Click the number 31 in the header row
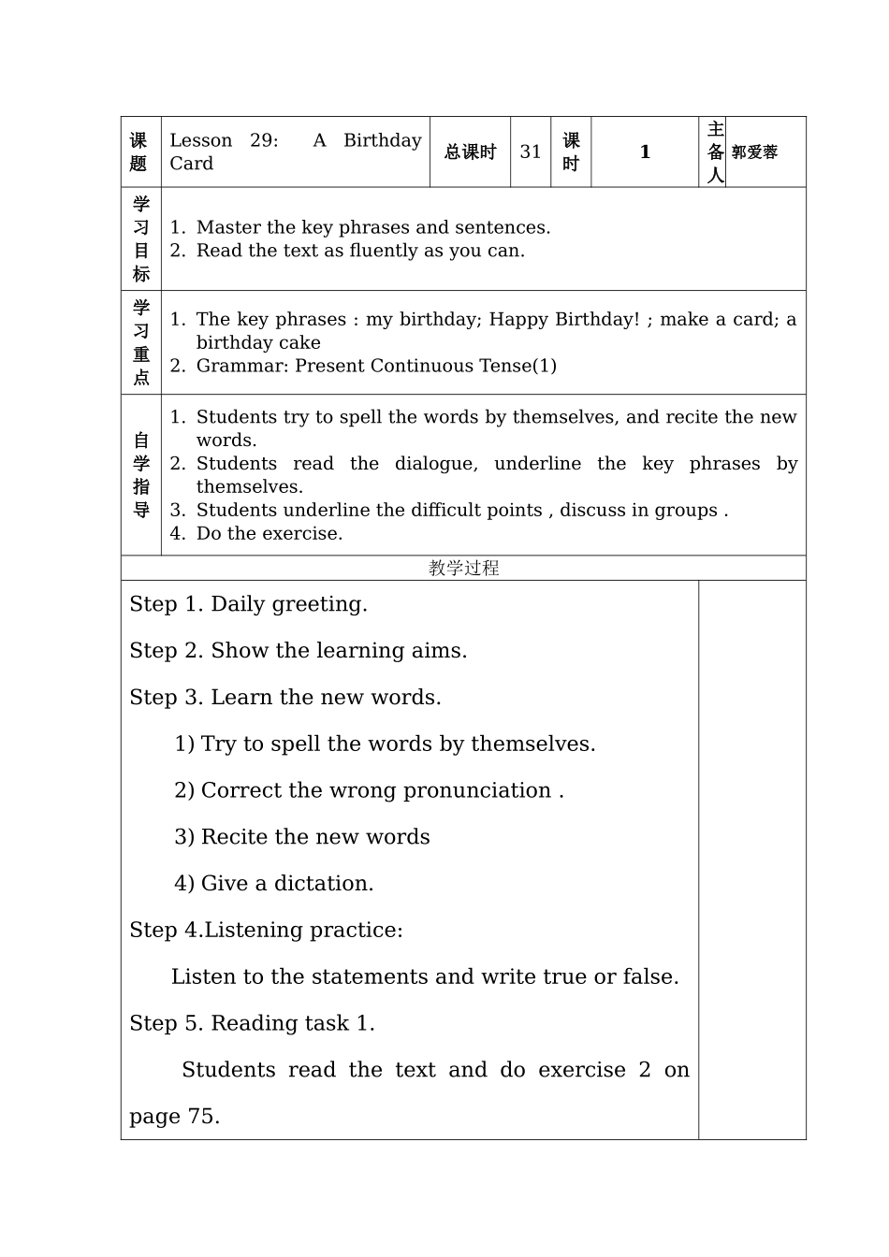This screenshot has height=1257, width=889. (x=531, y=152)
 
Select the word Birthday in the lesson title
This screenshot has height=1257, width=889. (x=382, y=140)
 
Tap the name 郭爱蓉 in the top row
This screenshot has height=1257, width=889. (x=754, y=152)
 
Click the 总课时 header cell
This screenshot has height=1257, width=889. (x=470, y=152)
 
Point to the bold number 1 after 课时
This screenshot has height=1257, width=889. (x=645, y=152)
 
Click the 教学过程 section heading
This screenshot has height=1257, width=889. (x=463, y=568)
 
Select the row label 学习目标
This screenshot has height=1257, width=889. (x=141, y=239)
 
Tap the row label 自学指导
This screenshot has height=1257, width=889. (x=141, y=475)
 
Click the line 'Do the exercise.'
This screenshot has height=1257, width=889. (x=270, y=533)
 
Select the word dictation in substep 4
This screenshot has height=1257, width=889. (x=323, y=884)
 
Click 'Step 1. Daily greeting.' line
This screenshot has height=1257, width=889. (x=248, y=604)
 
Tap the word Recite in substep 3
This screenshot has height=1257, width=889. (x=234, y=837)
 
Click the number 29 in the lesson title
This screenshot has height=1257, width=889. (x=263, y=140)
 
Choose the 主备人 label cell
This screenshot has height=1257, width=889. (x=715, y=152)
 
